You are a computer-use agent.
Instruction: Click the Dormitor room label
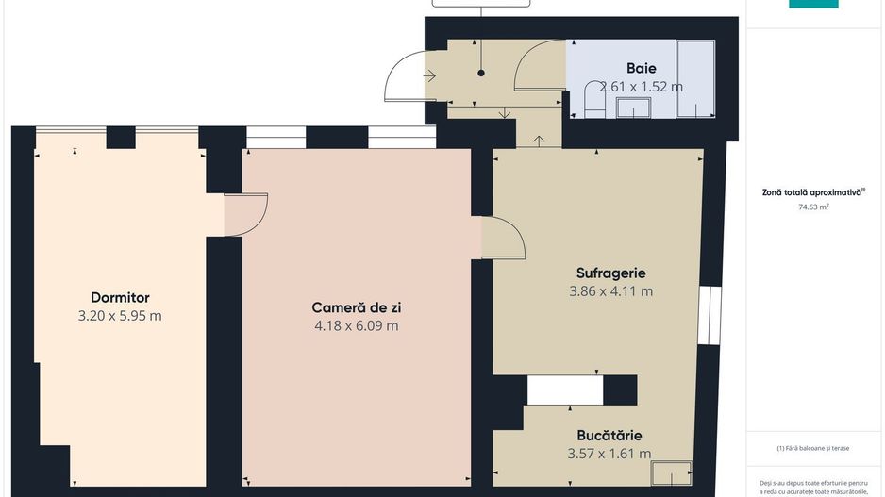point(120,298)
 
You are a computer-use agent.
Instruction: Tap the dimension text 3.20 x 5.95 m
point(120,316)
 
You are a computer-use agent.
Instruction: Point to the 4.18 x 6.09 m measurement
point(357,326)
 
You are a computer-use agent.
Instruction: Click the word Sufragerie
point(610,273)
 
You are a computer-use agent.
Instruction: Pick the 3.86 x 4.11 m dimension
point(610,291)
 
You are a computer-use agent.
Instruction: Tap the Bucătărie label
point(609,436)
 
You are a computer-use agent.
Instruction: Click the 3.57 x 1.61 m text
point(609,454)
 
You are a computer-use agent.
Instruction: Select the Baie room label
point(642,68)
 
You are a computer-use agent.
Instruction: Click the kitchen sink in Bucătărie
point(672,471)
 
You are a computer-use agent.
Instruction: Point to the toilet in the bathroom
point(593,100)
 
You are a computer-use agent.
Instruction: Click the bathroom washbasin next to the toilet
point(627,107)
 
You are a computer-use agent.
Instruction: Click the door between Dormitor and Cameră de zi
point(247,214)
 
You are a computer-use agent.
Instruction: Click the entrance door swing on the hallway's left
point(406,77)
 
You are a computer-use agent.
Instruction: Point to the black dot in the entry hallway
point(481,73)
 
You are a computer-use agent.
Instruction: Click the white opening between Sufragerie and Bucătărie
point(564,389)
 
